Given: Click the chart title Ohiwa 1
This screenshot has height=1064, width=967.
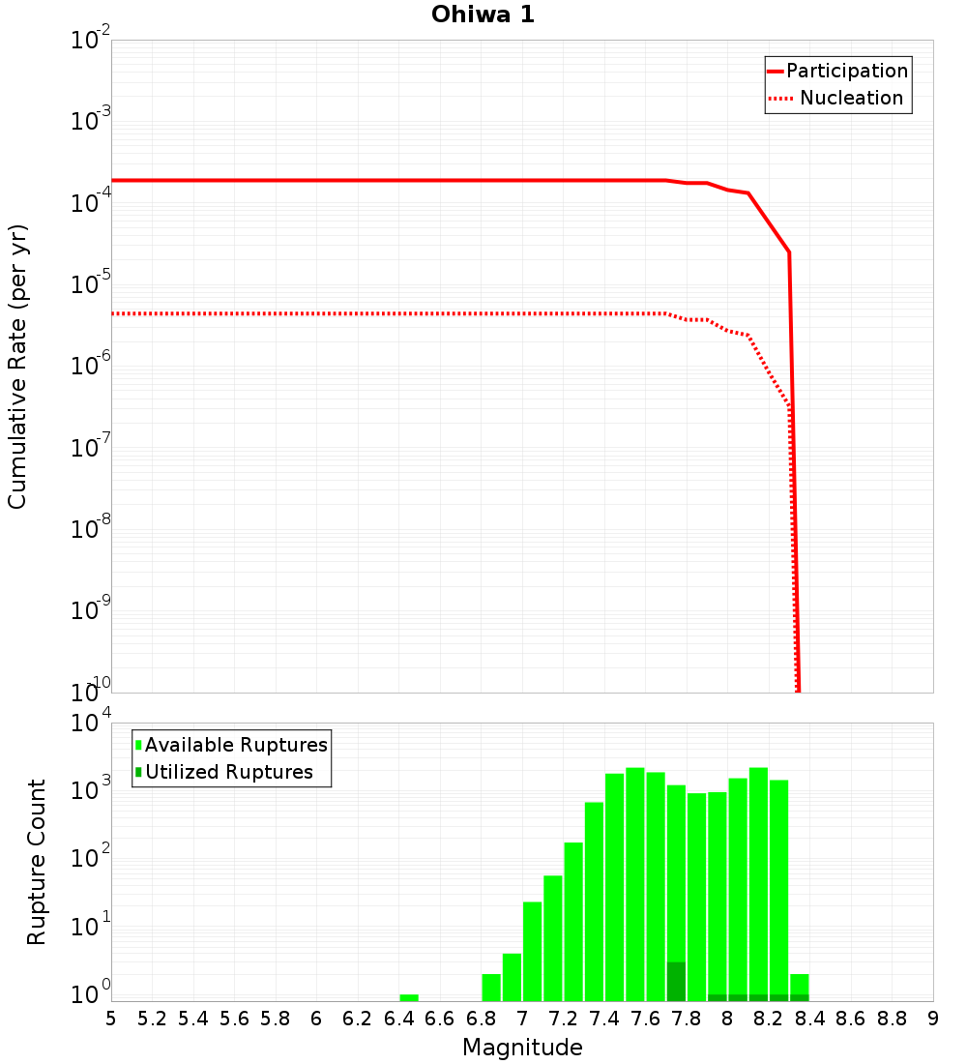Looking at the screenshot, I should click(x=483, y=15).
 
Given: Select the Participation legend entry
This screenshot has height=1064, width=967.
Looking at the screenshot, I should click(x=846, y=71).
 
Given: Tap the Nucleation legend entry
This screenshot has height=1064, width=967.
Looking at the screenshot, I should click(x=851, y=98).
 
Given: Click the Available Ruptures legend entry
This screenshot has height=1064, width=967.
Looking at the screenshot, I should click(x=236, y=745).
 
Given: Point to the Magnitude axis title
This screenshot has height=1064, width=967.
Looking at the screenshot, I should click(x=522, y=1048).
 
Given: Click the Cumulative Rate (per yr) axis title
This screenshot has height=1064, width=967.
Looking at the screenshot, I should click(x=17, y=366).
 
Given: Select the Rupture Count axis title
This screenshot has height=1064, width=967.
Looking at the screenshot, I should click(x=37, y=861).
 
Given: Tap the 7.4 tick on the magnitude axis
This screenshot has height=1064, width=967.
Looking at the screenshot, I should click(x=604, y=1019).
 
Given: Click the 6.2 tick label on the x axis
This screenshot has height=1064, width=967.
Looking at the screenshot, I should click(x=358, y=1019).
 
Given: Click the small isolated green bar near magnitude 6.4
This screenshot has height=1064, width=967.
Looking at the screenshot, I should click(x=409, y=997).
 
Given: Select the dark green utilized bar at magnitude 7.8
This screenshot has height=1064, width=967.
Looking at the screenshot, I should click(x=676, y=982).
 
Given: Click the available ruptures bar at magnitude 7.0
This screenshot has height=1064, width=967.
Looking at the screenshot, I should click(x=532, y=952).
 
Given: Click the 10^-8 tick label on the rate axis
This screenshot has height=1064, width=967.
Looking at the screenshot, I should click(x=89, y=528).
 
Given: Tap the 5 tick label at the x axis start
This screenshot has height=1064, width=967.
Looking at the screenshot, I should click(x=111, y=1019).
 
